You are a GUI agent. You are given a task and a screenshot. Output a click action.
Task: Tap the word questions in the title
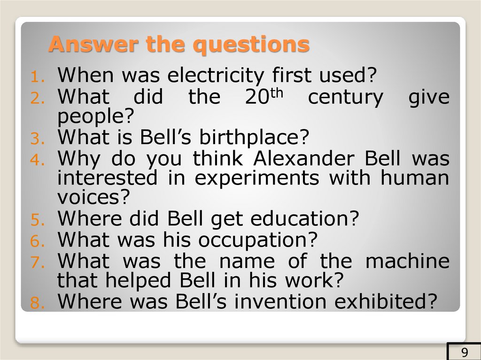tap(252, 46)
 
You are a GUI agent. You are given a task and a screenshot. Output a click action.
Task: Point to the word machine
tap(407, 260)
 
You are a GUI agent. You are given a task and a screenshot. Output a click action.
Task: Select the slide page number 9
tap(465, 352)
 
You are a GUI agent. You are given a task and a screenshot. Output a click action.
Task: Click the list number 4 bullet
tap(37, 159)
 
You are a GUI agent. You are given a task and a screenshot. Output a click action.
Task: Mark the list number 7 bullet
tap(37, 261)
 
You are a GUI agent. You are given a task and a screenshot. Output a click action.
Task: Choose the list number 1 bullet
tap(37, 76)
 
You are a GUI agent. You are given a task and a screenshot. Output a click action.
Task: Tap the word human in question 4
tap(416, 178)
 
